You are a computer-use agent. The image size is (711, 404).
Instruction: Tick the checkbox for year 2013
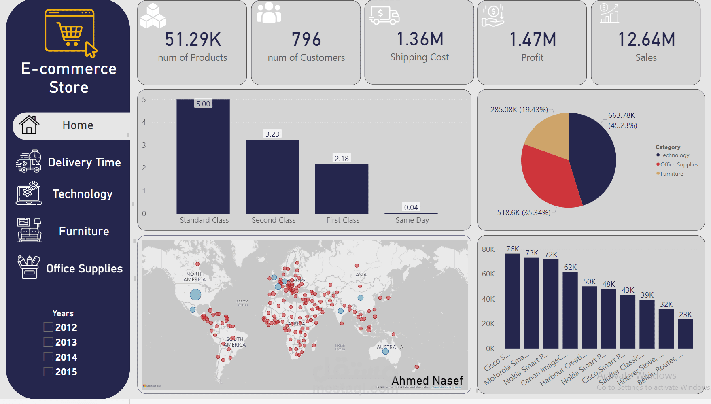click(49, 342)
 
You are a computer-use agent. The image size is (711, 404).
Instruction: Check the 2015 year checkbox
click(49, 372)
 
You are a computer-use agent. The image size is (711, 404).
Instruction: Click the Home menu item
click(78, 125)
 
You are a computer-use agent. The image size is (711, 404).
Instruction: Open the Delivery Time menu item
click(84, 162)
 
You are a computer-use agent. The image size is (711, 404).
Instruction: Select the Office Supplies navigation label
click(84, 268)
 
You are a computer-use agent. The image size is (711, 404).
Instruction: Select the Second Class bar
click(272, 176)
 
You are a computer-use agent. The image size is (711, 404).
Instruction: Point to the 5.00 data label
click(203, 104)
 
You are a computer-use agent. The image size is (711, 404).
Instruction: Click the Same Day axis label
click(412, 220)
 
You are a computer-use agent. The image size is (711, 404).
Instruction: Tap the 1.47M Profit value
click(533, 40)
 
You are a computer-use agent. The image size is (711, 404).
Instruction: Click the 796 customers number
click(306, 40)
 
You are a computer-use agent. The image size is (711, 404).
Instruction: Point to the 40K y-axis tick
click(488, 299)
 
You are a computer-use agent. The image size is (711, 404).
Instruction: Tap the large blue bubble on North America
click(195, 294)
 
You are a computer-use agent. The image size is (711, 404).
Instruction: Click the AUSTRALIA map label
click(390, 347)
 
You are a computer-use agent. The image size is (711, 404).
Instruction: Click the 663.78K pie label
click(622, 115)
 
